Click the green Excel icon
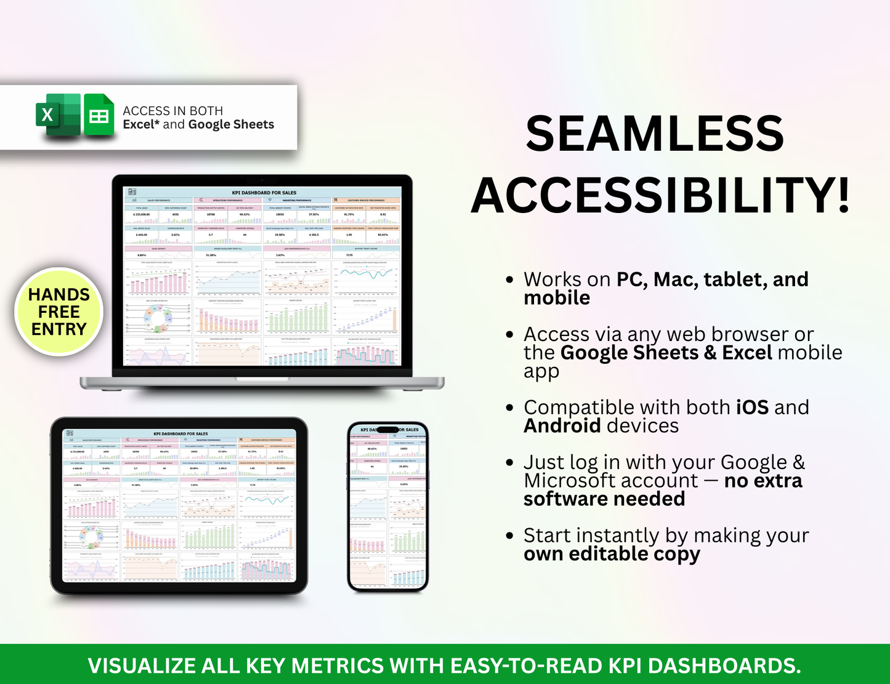(x=58, y=115)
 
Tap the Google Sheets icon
(x=99, y=115)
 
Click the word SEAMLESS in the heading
(x=654, y=134)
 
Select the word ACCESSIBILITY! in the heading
(x=660, y=195)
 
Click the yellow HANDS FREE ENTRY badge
(x=59, y=312)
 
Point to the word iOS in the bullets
(x=752, y=408)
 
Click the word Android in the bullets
(x=562, y=426)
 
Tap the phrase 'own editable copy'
(x=612, y=554)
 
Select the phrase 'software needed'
(x=604, y=499)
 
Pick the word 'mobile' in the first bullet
(x=557, y=298)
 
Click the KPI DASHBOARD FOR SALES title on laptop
(x=264, y=193)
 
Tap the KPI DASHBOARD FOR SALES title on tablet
(x=180, y=433)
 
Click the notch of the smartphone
(x=387, y=430)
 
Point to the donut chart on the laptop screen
(x=158, y=317)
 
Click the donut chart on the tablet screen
(x=92, y=537)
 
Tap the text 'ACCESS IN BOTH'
(x=172, y=111)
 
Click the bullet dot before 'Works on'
(x=509, y=280)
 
